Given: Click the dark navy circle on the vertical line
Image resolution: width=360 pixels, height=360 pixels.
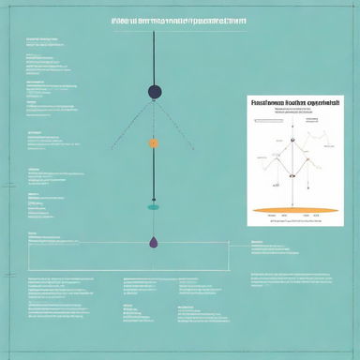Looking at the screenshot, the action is coord(155,91).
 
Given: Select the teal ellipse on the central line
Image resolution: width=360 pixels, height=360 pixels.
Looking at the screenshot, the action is coord(155,207).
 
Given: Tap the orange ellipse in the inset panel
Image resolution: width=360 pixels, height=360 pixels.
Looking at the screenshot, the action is coord(293,210).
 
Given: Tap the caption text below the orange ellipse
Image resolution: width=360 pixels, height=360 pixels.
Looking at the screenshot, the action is coord(292,222).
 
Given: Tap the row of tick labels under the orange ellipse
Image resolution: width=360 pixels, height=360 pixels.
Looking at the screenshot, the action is coord(292,217).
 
